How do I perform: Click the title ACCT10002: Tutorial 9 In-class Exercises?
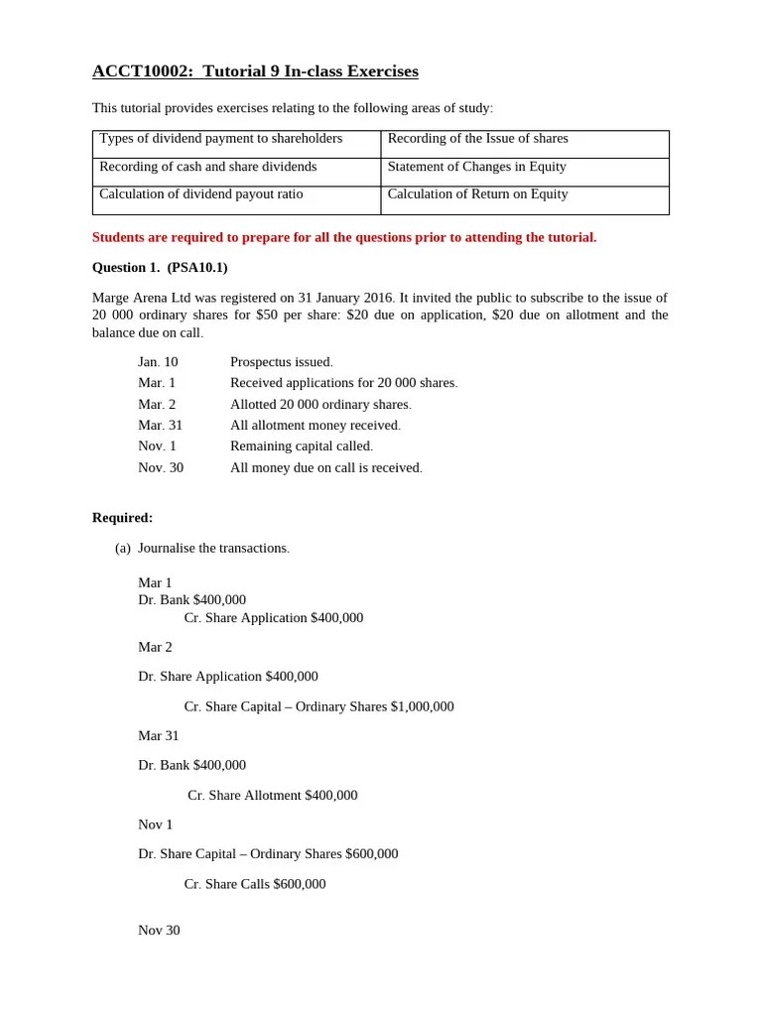[255, 71]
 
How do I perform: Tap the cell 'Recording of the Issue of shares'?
[477, 139]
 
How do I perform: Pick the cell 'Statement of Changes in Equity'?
[476, 167]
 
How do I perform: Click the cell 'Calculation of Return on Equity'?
[477, 194]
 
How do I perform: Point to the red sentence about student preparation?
[344, 238]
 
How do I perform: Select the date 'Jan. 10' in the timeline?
[158, 362]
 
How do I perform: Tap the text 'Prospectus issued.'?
[282, 362]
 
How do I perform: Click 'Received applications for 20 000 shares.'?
[344, 383]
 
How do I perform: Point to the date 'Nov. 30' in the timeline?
[161, 467]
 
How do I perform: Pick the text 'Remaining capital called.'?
[302, 446]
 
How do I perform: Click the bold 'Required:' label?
[122, 518]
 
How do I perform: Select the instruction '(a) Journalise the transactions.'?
[202, 549]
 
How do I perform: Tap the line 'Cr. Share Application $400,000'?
[274, 618]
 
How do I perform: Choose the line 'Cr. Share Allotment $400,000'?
[272, 796]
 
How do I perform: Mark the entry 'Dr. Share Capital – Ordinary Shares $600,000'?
[268, 854]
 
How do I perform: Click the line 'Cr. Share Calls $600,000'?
[255, 884]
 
